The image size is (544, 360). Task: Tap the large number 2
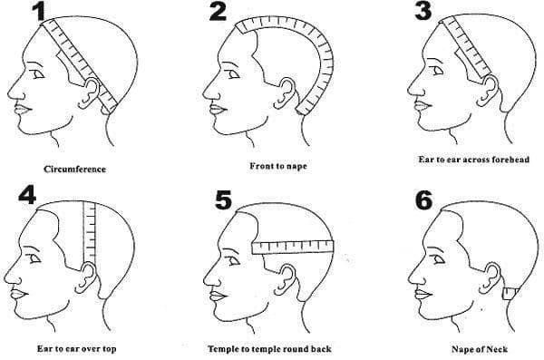[219, 13]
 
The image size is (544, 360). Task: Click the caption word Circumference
[75, 169]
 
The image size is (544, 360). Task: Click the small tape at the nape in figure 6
[511, 291]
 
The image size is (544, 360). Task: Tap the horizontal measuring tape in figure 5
[292, 245]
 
